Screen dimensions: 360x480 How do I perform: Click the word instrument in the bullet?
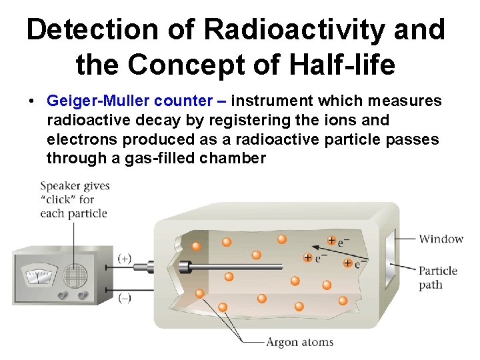coord(272,101)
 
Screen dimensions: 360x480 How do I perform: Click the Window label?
coord(441,239)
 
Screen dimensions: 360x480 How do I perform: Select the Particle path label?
coord(438,277)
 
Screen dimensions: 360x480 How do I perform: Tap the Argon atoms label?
coord(299,342)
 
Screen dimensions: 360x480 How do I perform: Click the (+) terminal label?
coord(125,257)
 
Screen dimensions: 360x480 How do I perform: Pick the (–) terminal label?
coord(125,299)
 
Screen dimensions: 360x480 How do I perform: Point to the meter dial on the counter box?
coord(37,276)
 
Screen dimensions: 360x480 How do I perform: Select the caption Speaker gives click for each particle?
coord(74,199)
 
